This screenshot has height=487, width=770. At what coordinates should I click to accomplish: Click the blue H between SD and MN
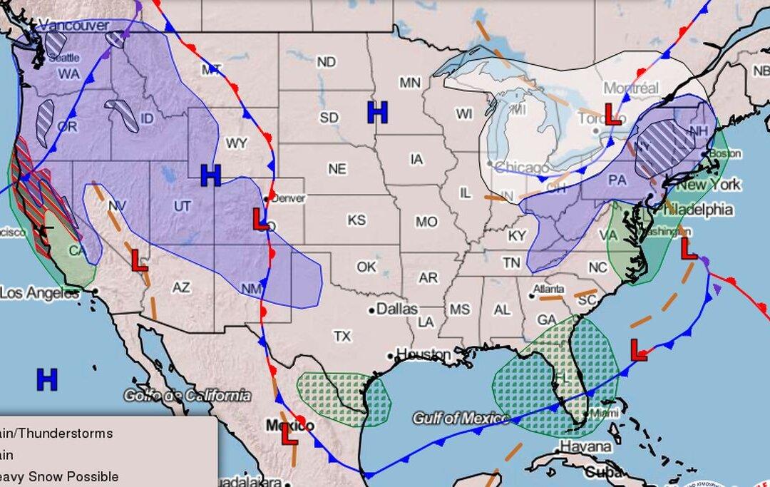[377, 112]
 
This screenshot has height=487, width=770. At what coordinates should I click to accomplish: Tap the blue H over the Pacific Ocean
[47, 379]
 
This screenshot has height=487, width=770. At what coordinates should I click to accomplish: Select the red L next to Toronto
[612, 114]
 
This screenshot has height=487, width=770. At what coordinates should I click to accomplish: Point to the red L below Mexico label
[289, 435]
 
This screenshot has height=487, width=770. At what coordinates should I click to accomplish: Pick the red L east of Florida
[639, 349]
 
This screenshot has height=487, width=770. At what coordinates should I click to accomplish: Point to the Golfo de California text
[188, 395]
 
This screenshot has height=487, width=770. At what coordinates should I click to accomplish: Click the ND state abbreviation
[326, 63]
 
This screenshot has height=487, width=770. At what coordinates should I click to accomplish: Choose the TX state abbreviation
[343, 335]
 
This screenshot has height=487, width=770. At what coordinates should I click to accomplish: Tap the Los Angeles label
[39, 292]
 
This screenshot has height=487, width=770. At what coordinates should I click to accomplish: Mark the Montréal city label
[631, 88]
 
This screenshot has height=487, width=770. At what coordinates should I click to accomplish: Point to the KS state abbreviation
[356, 220]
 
